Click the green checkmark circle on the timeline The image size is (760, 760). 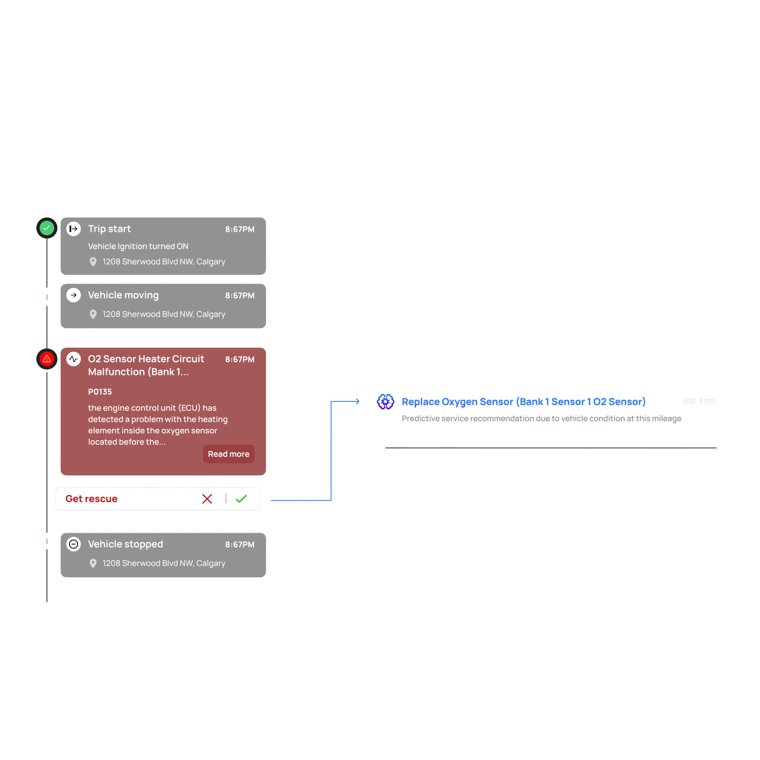click(x=47, y=228)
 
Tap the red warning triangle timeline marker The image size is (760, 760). click(x=47, y=359)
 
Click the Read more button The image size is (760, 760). click(x=229, y=454)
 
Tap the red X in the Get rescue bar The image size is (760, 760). click(x=207, y=499)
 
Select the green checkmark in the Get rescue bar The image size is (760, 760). click(x=241, y=499)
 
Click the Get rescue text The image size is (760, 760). click(x=91, y=499)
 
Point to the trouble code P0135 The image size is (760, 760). click(x=100, y=392)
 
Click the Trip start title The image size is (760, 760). click(x=109, y=229)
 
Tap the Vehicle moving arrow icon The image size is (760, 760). click(x=74, y=295)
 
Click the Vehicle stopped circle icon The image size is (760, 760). click(x=74, y=544)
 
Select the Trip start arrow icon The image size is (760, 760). click(x=74, y=229)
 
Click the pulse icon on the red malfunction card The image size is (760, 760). click(x=74, y=359)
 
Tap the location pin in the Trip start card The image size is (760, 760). click(x=93, y=262)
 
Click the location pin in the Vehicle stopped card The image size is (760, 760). click(x=93, y=563)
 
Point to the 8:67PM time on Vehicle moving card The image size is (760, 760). click(x=240, y=296)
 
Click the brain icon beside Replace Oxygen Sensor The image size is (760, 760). click(x=386, y=402)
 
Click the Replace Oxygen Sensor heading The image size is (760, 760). click(x=523, y=402)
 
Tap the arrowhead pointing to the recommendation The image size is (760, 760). click(x=357, y=401)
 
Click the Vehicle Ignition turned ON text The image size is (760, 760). click(x=138, y=246)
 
